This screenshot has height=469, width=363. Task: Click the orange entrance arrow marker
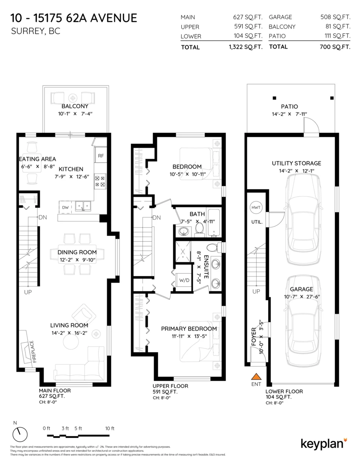256,377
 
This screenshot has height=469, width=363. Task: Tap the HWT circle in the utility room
256,208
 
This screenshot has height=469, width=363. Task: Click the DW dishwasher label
65,208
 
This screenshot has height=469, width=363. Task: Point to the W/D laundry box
184,280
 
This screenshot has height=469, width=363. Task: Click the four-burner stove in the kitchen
100,181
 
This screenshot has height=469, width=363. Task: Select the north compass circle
20,434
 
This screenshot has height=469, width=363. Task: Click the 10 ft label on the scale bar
110,428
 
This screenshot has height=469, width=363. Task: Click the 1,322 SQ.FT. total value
246,47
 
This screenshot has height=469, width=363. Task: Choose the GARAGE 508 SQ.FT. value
335,17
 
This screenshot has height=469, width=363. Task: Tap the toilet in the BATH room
199,229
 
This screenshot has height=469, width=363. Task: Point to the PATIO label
289,106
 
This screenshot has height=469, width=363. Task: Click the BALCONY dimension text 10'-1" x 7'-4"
75,113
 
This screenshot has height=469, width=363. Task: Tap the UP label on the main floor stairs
28,292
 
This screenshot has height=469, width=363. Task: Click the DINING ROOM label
77,252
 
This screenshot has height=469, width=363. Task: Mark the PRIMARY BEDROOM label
189,328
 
